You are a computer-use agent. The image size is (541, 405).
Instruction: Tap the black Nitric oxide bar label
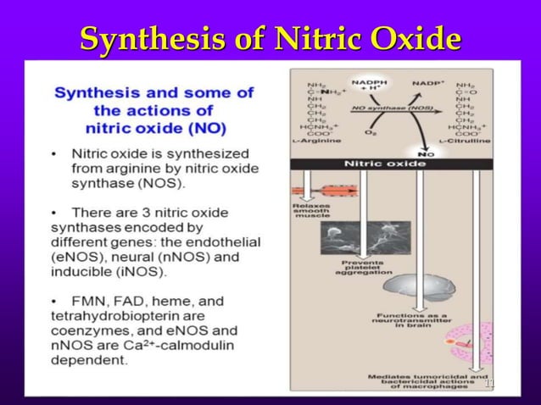(385, 164)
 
